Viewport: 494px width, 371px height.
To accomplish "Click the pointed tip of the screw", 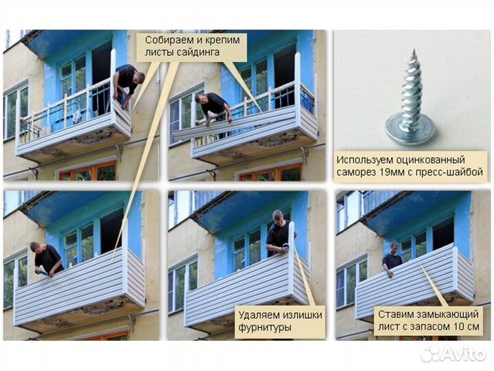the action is (x=414, y=50).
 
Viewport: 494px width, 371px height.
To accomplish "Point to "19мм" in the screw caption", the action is (x=388, y=172).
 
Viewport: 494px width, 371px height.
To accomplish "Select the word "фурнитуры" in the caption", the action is (x=265, y=328).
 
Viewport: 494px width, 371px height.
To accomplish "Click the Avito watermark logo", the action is (x=453, y=354).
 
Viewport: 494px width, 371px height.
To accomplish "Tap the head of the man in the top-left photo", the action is (x=139, y=77).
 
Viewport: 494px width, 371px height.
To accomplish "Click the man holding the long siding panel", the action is (x=213, y=109).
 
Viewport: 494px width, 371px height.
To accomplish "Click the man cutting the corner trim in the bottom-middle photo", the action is (x=278, y=234).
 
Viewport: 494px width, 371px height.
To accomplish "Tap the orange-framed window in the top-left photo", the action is (x=89, y=172).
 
